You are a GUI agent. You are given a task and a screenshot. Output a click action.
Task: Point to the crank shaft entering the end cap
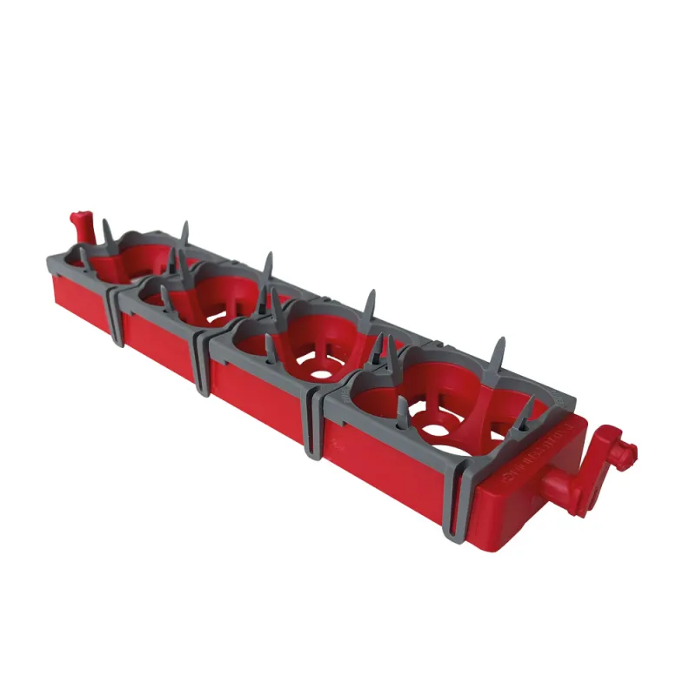[x=557, y=480]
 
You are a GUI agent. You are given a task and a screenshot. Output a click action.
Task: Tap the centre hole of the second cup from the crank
[x=321, y=373]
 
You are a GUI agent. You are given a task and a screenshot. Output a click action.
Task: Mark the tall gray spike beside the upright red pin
[x=107, y=234]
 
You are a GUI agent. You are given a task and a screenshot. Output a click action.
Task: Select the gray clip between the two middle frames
[x=202, y=365]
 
